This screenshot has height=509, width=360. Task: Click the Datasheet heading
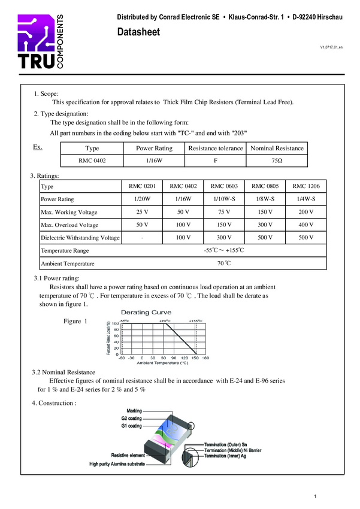tap(139, 33)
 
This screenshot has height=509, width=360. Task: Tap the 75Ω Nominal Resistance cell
tap(277, 160)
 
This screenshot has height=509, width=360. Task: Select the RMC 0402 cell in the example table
tap(92, 160)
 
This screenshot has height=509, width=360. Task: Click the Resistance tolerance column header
tap(215, 149)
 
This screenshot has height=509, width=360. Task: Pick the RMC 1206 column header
tap(305, 187)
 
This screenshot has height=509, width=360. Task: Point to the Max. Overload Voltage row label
tap(69, 225)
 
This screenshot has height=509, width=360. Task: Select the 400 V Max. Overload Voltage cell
tap(305, 225)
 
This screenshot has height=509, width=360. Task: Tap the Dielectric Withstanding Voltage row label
tap(80, 238)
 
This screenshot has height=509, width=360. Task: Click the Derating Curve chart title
tap(146, 313)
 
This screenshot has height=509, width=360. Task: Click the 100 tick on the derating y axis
tap(116, 324)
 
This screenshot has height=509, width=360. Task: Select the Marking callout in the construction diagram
tap(135, 411)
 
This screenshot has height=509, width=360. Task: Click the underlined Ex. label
tap(37, 146)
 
